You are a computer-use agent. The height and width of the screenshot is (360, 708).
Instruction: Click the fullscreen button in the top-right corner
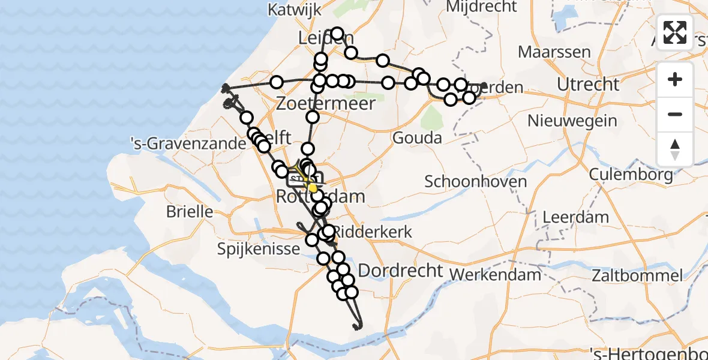(x=675, y=32)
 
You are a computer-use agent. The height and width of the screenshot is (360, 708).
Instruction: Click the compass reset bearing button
(x=675, y=149)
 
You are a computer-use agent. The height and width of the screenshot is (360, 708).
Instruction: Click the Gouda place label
(x=417, y=138)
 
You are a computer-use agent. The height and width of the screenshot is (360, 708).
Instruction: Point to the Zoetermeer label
(x=326, y=103)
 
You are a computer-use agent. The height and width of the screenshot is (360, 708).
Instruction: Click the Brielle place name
(x=189, y=211)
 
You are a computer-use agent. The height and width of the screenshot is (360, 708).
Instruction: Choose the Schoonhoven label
(x=476, y=181)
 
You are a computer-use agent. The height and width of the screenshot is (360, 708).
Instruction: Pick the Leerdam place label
(x=576, y=217)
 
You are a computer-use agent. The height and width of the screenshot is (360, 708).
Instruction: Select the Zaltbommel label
(x=637, y=276)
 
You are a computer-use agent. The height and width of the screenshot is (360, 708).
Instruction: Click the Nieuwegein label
(x=572, y=121)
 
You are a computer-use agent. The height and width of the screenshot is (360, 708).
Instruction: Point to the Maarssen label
(x=554, y=52)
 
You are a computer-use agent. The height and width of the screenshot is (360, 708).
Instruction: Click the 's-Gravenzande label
(x=188, y=144)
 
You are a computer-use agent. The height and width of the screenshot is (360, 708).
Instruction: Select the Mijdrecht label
(x=482, y=7)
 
